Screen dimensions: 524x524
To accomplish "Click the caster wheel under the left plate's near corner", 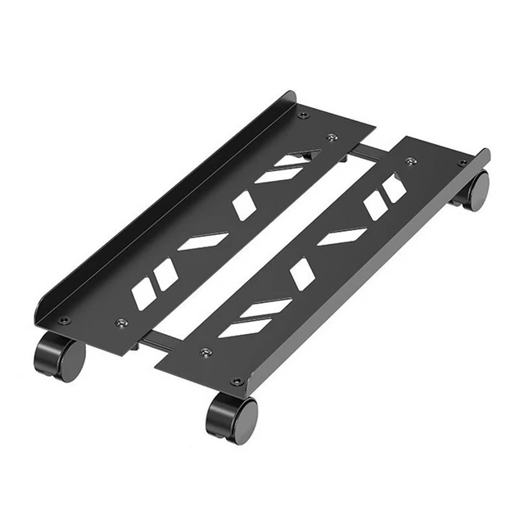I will (x=59, y=357).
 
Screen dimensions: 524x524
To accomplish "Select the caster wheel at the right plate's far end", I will (x=473, y=190).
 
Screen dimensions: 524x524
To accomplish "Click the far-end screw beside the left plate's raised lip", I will (x=303, y=115).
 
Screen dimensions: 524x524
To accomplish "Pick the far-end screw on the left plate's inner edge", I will (x=332, y=138).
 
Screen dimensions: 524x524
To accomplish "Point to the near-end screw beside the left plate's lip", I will (x=64, y=320).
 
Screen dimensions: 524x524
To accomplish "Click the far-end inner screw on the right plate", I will (x=412, y=161).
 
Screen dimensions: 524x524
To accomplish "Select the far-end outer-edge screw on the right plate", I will (x=464, y=163).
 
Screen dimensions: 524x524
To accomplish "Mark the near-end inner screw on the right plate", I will (x=206, y=352).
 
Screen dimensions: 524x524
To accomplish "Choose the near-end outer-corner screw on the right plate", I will (x=236, y=382).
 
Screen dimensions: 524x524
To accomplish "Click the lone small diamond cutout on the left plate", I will (x=243, y=206).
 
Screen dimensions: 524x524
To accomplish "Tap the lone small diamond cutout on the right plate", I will (x=302, y=273).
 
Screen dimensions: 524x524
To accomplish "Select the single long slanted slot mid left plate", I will (x=203, y=241).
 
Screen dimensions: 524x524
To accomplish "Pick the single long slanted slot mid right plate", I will (x=342, y=237).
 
